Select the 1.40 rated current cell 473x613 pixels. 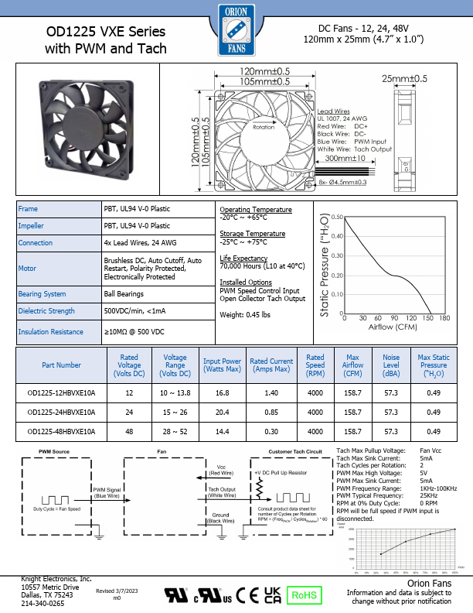(x=271, y=393)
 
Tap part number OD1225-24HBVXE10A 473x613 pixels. (x=61, y=413)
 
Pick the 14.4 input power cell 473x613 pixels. (x=222, y=431)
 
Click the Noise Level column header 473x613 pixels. (x=392, y=365)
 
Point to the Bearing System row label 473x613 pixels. (x=42, y=294)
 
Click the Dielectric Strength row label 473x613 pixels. (x=46, y=312)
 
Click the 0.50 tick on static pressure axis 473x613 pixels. (x=337, y=217)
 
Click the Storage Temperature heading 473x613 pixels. (x=253, y=233)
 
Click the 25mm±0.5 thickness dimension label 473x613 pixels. (x=404, y=78)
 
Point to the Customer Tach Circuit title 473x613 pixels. (x=294, y=450)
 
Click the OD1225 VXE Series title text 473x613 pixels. (x=106, y=33)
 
